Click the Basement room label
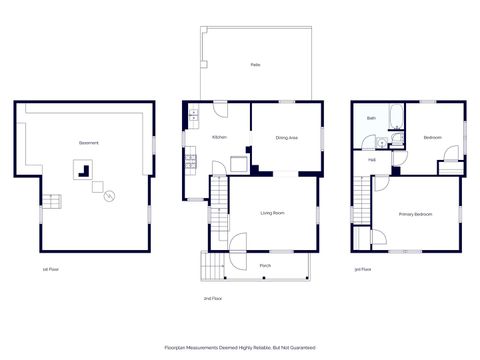(x=89, y=142)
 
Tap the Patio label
(x=256, y=64)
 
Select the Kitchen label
(x=220, y=137)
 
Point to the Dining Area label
(x=287, y=137)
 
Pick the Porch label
(x=265, y=265)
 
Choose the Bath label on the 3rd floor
(x=371, y=118)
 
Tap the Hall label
(x=371, y=160)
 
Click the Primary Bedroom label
(x=415, y=214)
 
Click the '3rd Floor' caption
(x=362, y=269)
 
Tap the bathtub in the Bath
(x=394, y=115)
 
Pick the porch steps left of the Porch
(x=212, y=265)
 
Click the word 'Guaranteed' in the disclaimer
(x=300, y=347)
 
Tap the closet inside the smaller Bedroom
(x=451, y=155)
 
